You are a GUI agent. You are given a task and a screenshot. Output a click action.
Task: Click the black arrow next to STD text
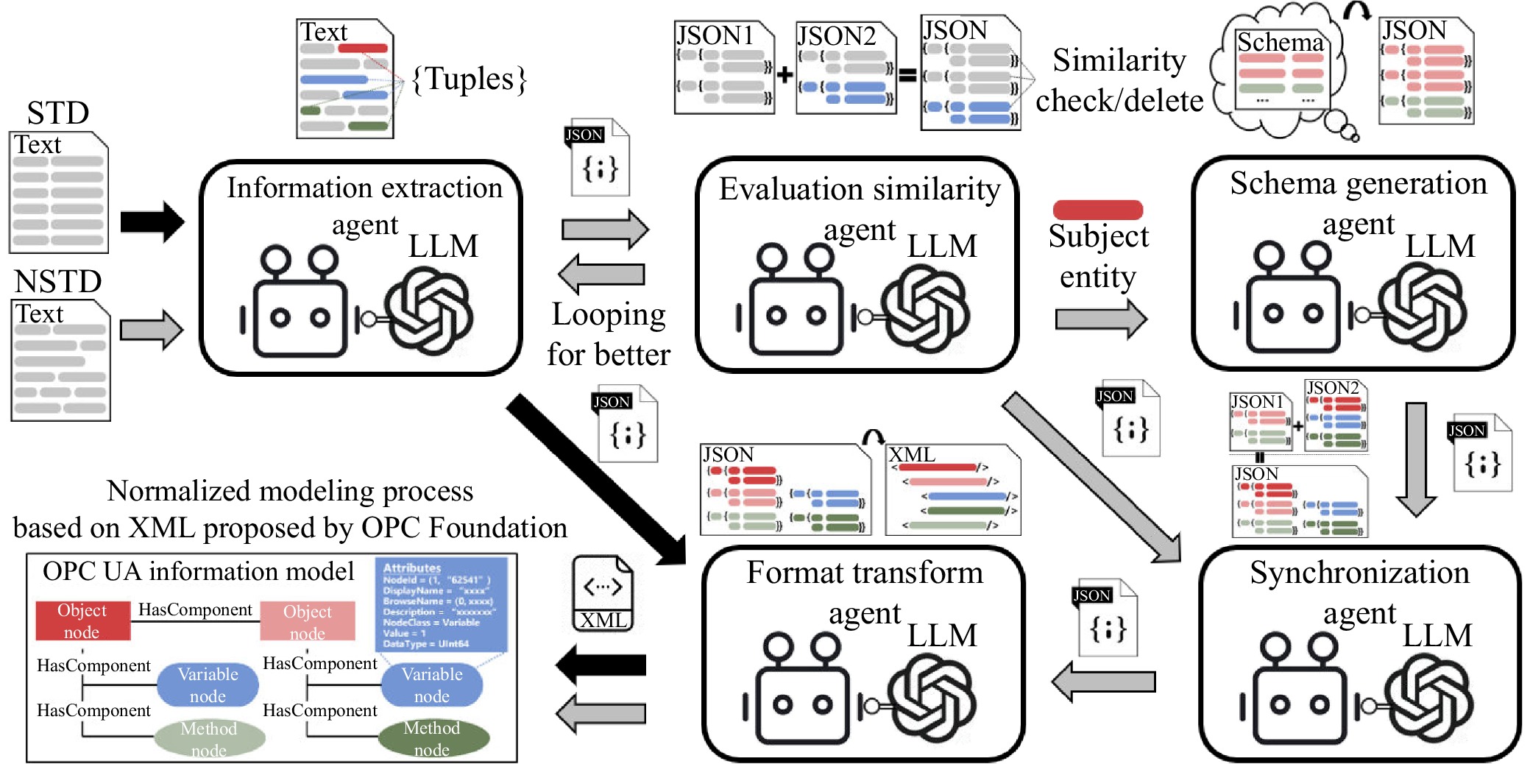(x=152, y=222)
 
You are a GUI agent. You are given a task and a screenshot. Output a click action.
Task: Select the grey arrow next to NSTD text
(x=151, y=330)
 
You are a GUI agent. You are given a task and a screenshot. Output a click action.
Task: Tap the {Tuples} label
(x=470, y=79)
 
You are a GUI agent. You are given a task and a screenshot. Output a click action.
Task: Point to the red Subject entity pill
(x=1097, y=210)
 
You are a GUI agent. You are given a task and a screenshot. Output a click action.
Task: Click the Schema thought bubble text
(x=1280, y=43)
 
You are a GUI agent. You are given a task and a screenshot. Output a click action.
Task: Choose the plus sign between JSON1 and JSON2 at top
(x=785, y=74)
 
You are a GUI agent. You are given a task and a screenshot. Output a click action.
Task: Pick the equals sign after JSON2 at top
(x=908, y=74)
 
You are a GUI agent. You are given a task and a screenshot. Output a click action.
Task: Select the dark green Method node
(x=433, y=738)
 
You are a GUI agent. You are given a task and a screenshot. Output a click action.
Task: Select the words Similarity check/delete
(x=1119, y=80)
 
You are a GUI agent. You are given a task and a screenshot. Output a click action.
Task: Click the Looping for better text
(x=609, y=334)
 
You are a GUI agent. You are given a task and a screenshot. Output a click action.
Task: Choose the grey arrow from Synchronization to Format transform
(x=1103, y=682)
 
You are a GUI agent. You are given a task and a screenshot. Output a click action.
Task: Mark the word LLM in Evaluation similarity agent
(x=942, y=246)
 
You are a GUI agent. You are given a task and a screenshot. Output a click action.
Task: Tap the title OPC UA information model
(x=198, y=572)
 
